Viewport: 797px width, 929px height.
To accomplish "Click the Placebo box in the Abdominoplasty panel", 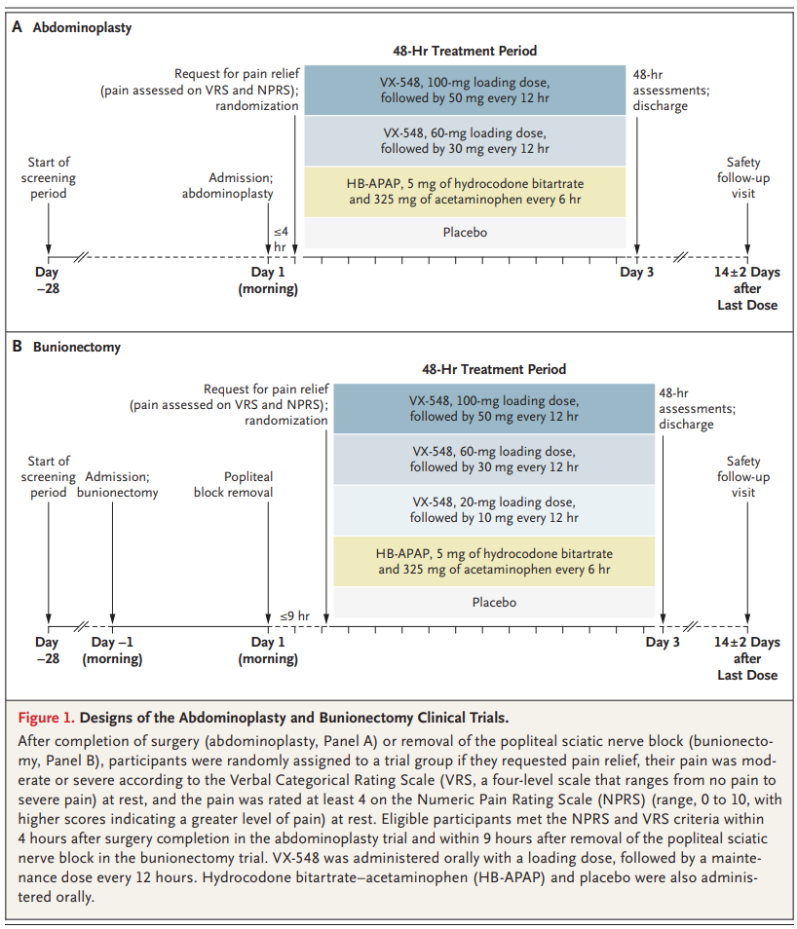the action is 465,233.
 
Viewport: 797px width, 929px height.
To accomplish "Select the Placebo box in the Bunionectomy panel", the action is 494,603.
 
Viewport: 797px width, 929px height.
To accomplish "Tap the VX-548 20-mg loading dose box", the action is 494,510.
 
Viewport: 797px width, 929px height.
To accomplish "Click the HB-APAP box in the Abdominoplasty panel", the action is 465,192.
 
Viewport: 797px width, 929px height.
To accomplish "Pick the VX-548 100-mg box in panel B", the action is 494,408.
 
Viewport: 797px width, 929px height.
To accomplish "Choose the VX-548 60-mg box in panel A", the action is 465,141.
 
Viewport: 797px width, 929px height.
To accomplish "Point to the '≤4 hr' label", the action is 281,240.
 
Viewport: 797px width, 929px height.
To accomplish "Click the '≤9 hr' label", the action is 294,616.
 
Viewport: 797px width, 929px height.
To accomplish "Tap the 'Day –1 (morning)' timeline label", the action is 112,650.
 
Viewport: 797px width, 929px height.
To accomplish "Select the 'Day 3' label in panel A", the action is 637,273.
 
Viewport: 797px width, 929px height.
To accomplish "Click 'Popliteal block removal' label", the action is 233,485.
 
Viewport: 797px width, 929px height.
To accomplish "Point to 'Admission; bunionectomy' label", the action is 118,485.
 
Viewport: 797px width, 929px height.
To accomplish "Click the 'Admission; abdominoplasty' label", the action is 228,186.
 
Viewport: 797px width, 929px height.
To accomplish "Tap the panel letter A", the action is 18,27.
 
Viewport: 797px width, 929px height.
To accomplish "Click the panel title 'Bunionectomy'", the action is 77,348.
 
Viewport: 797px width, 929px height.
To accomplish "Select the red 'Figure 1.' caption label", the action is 46,718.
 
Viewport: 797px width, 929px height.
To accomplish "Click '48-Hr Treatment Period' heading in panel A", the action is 465,51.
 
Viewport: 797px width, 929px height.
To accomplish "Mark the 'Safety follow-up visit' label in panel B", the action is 743,477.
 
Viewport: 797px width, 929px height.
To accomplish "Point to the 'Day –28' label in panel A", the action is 48,280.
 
